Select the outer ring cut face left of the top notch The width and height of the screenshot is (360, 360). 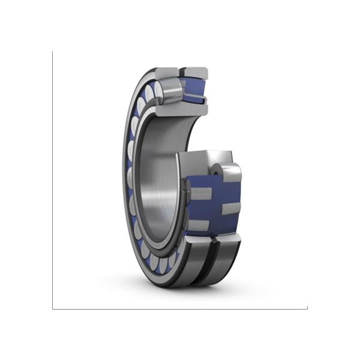pos(167,74)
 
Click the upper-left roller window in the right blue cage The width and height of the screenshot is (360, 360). pos(200,193)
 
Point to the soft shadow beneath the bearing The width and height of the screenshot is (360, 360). pos(180,287)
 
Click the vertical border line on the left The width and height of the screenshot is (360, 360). pos(53,180)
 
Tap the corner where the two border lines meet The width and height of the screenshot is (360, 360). pos(53,309)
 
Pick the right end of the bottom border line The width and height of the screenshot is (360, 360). pos(306,309)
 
